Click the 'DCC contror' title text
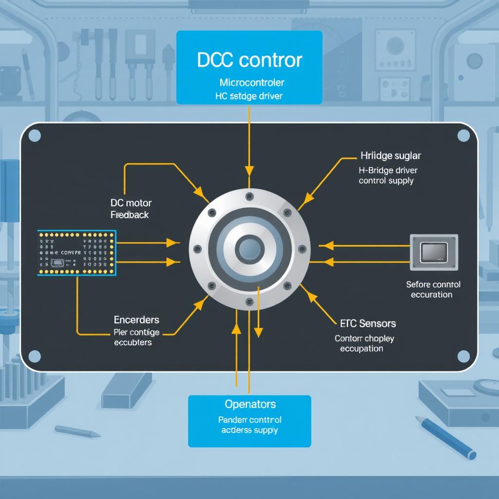click(x=249, y=60)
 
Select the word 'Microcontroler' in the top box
click(x=249, y=82)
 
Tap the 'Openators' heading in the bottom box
click(x=250, y=404)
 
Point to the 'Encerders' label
click(x=136, y=320)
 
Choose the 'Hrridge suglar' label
click(x=390, y=156)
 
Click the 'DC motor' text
click(x=131, y=203)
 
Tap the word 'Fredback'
click(x=130, y=214)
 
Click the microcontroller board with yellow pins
click(x=77, y=253)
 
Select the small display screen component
click(x=433, y=252)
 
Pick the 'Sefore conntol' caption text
click(x=433, y=284)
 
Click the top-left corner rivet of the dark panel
click(x=35, y=135)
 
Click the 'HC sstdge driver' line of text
click(x=249, y=96)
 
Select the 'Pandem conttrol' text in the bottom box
click(x=249, y=420)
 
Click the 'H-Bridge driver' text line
click(x=388, y=171)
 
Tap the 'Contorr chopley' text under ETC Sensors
click(x=365, y=338)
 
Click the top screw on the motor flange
click(x=249, y=196)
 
